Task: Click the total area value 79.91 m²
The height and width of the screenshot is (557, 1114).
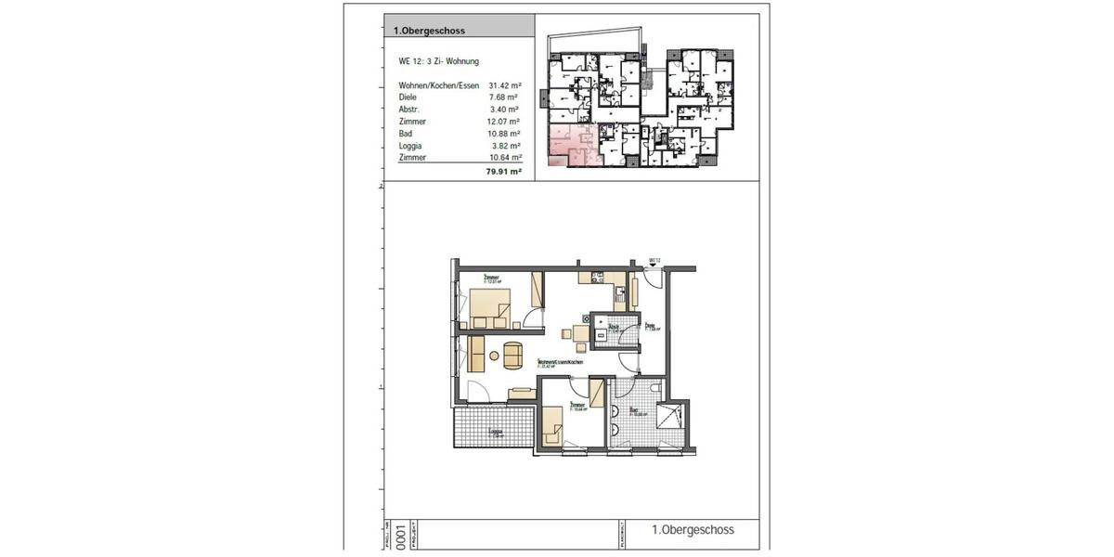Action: (x=505, y=172)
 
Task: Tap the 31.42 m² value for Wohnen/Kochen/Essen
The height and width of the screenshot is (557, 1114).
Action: (x=505, y=84)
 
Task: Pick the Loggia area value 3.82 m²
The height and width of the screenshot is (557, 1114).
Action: (x=505, y=146)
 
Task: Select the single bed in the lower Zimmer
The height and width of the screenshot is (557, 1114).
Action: (x=552, y=430)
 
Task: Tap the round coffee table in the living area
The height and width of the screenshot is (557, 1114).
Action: (x=512, y=353)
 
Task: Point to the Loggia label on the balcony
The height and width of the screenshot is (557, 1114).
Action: (x=496, y=432)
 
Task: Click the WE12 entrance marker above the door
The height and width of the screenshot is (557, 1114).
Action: (x=654, y=261)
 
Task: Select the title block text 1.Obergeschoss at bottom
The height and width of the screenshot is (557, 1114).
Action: (x=693, y=530)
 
